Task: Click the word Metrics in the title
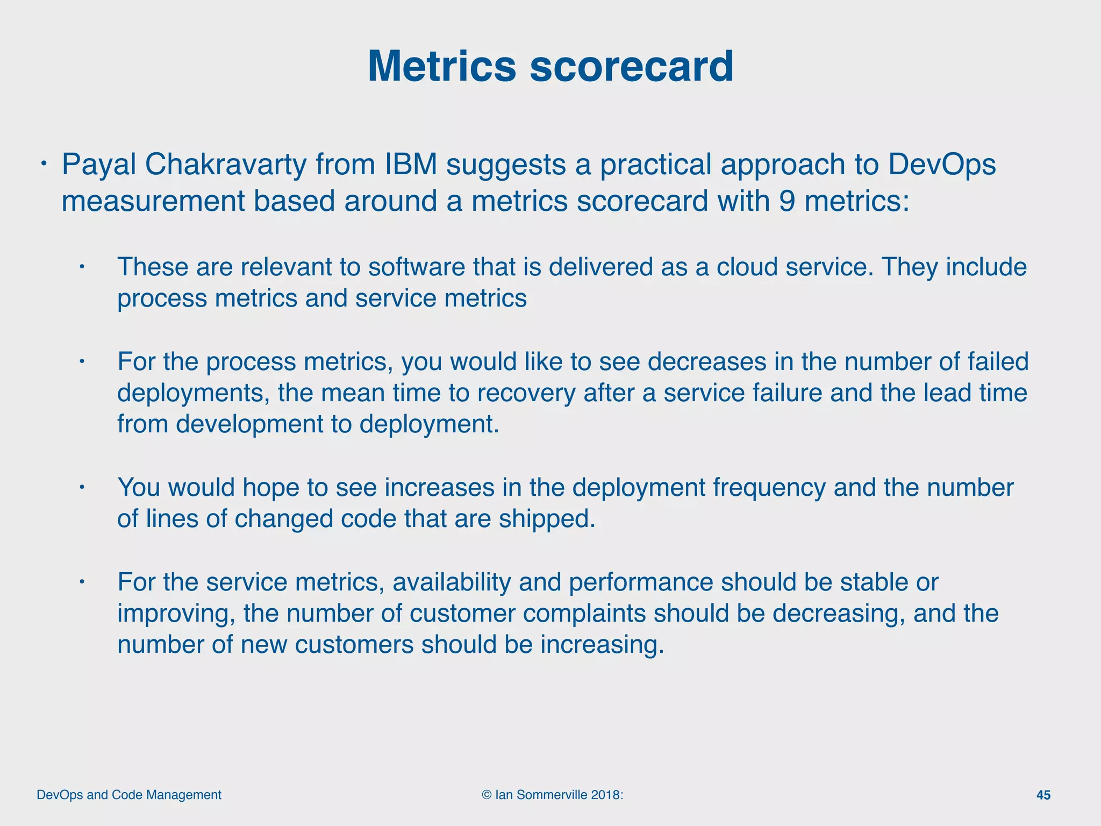(441, 67)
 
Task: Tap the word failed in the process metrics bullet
(998, 361)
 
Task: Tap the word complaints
(584, 614)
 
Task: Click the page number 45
(1043, 795)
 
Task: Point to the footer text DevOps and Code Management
(129, 795)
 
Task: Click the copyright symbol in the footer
(487, 795)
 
